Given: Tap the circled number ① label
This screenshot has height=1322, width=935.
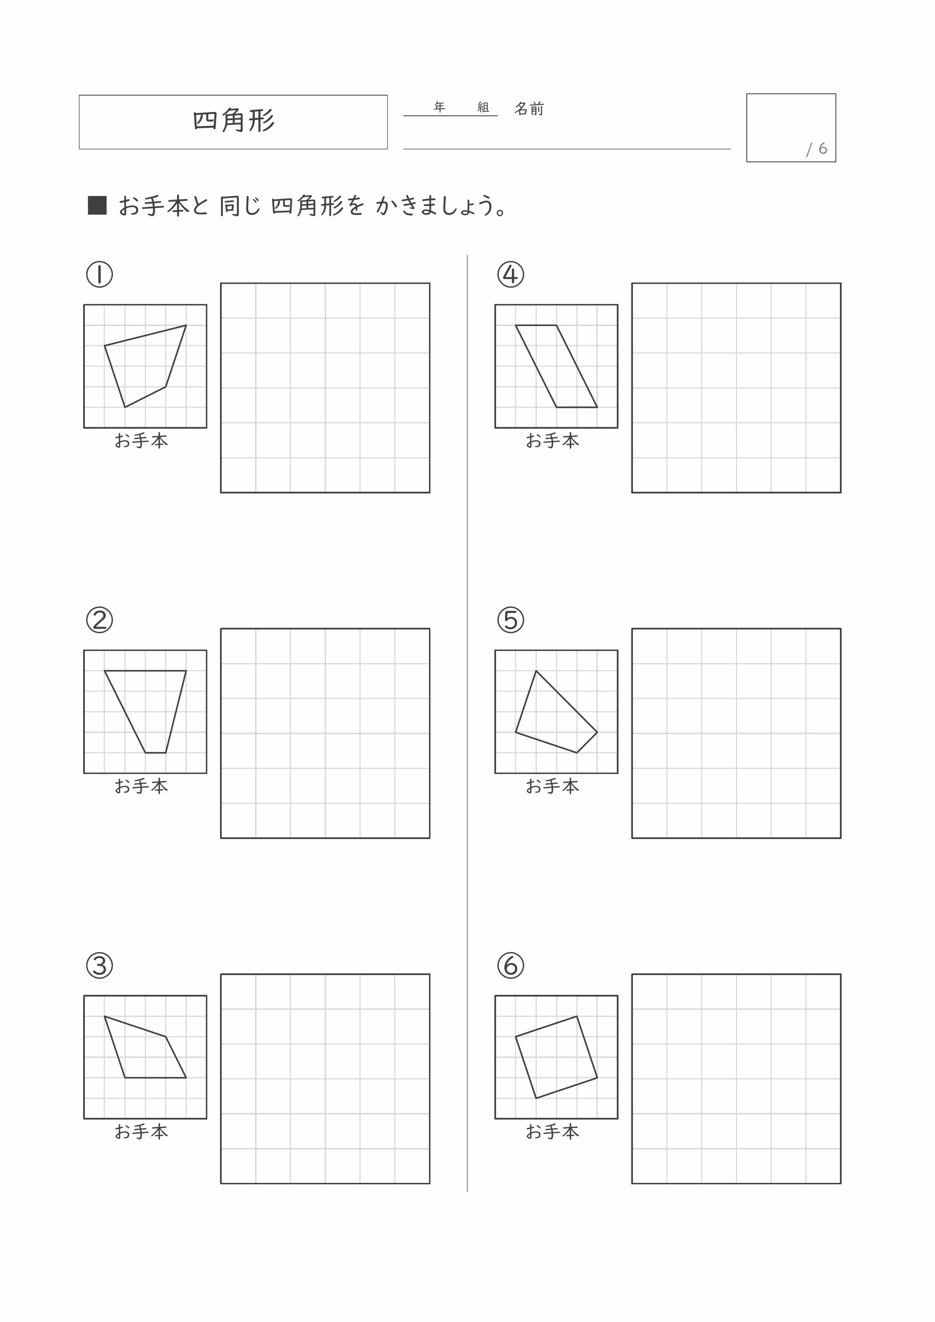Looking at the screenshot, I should pyautogui.click(x=100, y=275).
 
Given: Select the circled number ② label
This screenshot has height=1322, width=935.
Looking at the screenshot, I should pyautogui.click(x=100, y=620).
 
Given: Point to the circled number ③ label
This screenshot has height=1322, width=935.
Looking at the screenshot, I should pyautogui.click(x=100, y=965).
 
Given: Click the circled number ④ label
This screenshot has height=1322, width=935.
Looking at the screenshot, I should pyautogui.click(x=510, y=275).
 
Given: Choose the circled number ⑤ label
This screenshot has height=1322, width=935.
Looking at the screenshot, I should pyautogui.click(x=510, y=620).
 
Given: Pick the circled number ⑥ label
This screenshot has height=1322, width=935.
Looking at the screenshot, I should pyautogui.click(x=510, y=965).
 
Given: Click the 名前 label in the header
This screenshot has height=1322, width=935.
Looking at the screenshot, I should pyautogui.click(x=529, y=109).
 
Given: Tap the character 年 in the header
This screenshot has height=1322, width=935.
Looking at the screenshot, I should pyautogui.click(x=439, y=108).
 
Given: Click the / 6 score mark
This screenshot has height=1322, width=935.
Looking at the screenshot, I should pyautogui.click(x=817, y=149).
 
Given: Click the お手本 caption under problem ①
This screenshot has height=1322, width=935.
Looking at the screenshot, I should pyautogui.click(x=141, y=441).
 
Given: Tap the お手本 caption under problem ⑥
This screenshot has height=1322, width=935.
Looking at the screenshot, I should pyautogui.click(x=552, y=1132).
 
